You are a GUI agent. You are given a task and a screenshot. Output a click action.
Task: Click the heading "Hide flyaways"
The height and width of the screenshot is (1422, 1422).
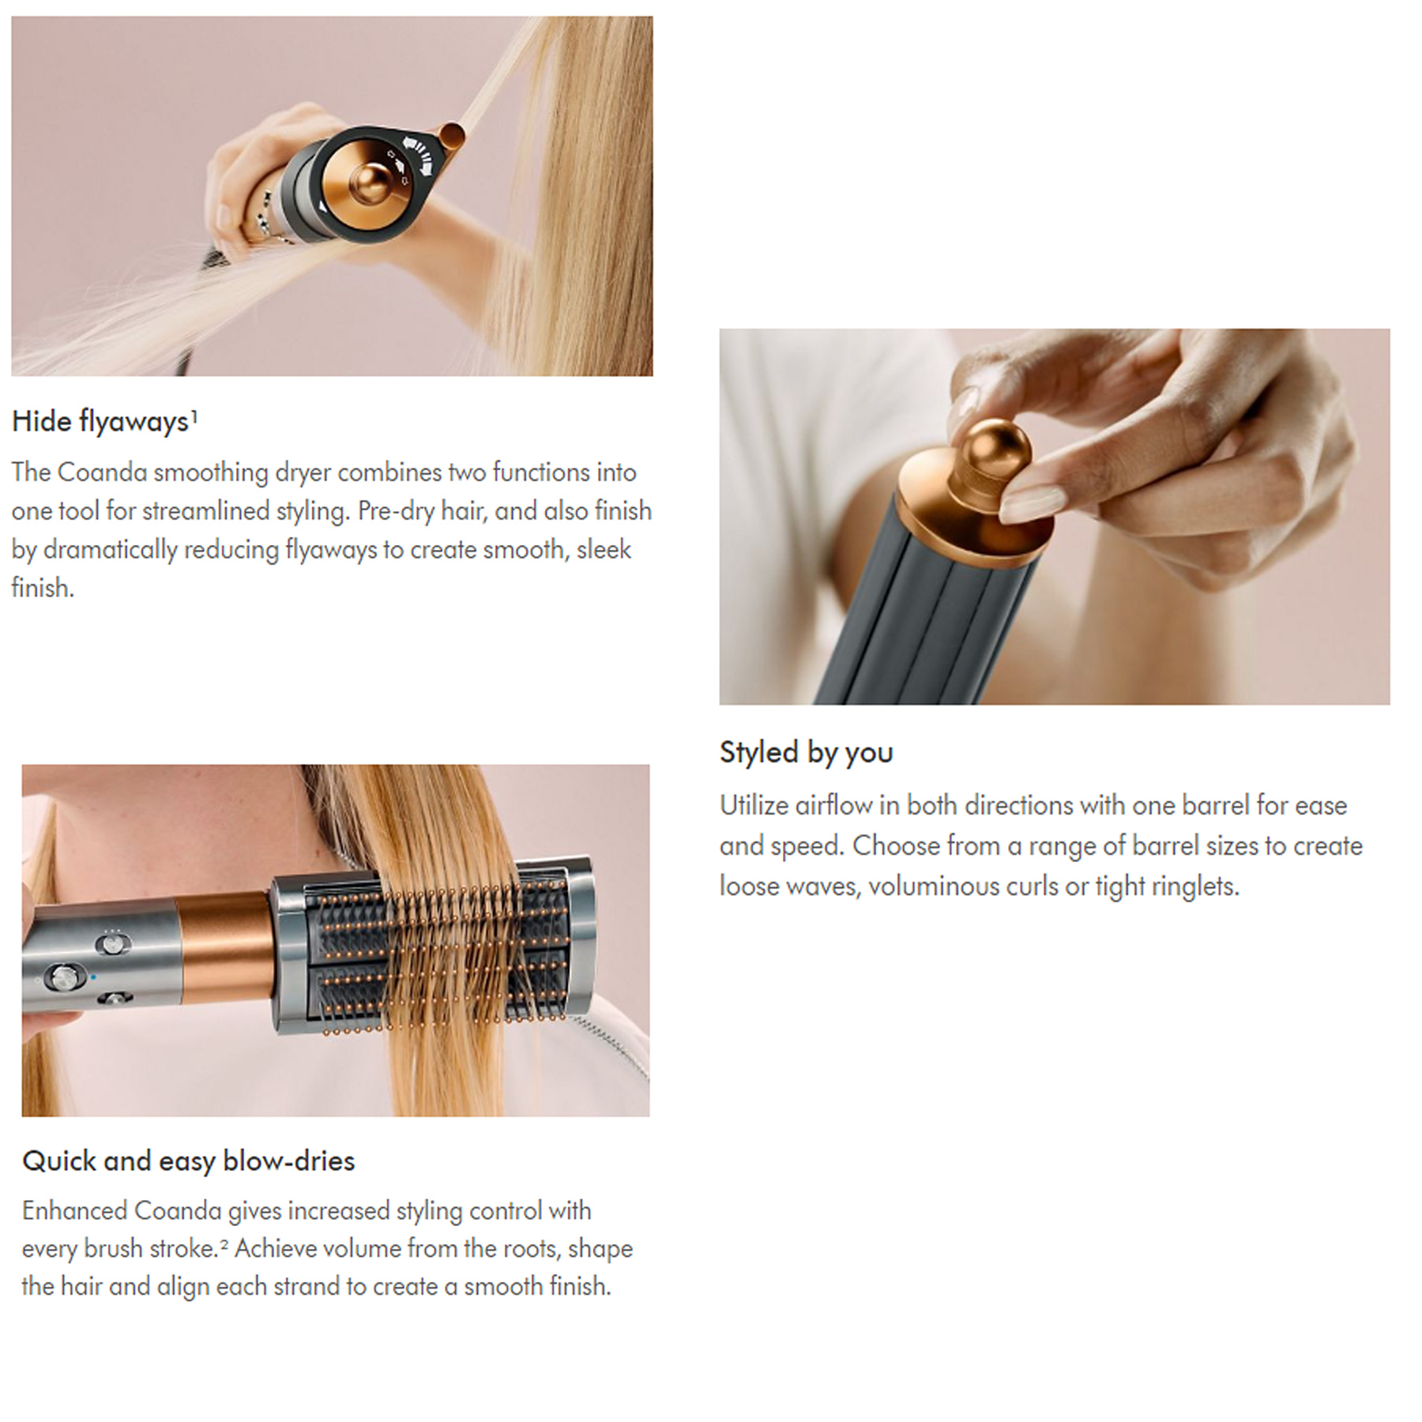tap(100, 422)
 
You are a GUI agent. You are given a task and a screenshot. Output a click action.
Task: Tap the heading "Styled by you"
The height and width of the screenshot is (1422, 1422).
tap(806, 753)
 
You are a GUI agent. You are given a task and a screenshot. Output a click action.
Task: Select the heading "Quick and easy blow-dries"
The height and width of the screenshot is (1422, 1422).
tap(189, 1161)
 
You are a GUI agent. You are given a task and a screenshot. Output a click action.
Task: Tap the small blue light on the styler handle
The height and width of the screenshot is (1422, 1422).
tap(93, 977)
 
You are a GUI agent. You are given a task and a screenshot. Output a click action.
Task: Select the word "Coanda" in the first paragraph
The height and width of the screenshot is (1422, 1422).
tap(103, 472)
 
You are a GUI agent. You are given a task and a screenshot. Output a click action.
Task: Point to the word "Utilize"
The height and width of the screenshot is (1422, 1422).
tap(754, 806)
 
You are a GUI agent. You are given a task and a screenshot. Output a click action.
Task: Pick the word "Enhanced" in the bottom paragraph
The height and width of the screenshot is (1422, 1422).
tap(74, 1211)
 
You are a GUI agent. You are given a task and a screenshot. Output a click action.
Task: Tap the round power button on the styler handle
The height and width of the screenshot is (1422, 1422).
tap(62, 976)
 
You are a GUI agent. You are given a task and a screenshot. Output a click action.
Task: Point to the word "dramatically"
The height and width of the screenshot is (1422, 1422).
tap(110, 550)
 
